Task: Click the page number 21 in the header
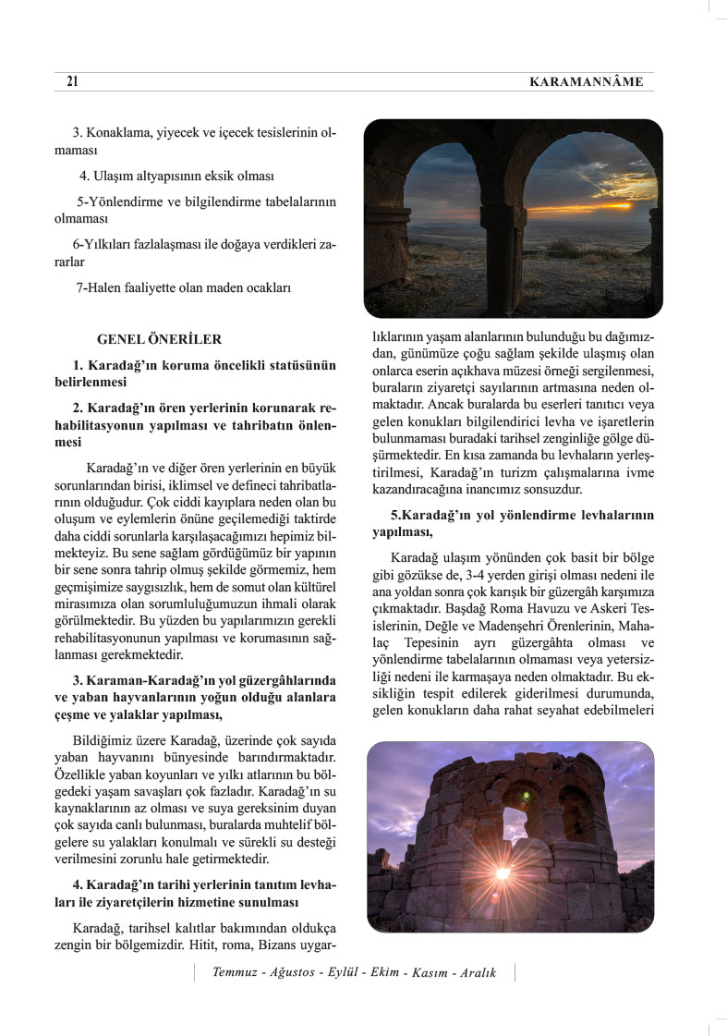coord(72,82)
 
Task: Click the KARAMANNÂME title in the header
coord(586,82)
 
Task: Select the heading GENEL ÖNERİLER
coord(159,340)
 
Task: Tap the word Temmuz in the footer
coord(234,972)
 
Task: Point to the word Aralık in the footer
coord(479,972)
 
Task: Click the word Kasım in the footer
coord(430,972)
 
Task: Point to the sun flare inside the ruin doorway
coord(503,871)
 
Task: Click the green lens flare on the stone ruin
coord(527,795)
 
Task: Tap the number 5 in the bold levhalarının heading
coord(394,515)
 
